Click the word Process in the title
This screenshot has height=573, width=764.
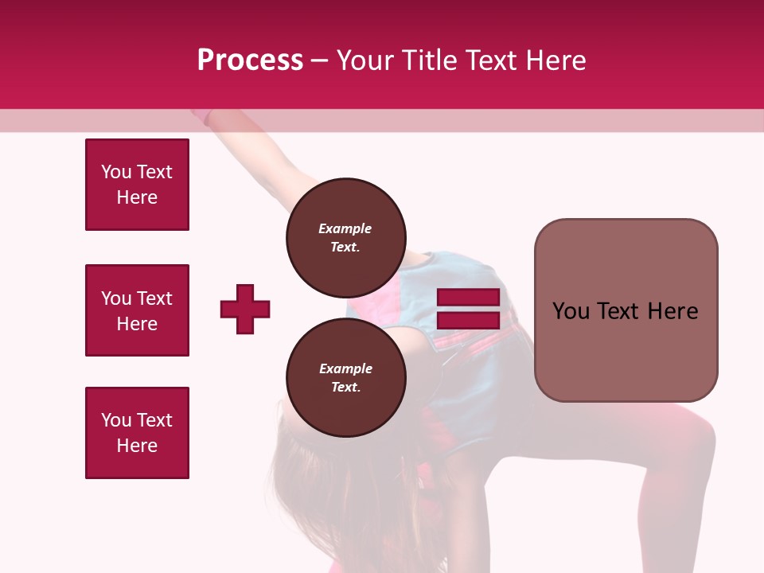[x=250, y=60]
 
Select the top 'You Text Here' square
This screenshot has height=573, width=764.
[x=137, y=185]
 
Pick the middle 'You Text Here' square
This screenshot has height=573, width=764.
[x=137, y=310]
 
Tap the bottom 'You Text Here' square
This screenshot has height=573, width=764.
[x=137, y=433]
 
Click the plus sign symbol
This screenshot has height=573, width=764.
[x=245, y=309]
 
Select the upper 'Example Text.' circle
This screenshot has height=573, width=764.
[x=345, y=237]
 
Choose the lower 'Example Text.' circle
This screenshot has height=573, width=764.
[x=345, y=377]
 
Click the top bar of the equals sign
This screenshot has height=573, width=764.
[x=468, y=298]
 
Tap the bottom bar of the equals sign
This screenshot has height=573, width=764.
[x=468, y=320]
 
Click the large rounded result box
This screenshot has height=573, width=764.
[x=626, y=350]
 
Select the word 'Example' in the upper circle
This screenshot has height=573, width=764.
[x=345, y=228]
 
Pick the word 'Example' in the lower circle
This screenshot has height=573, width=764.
[x=345, y=368]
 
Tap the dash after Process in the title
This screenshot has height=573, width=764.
[x=320, y=60]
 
